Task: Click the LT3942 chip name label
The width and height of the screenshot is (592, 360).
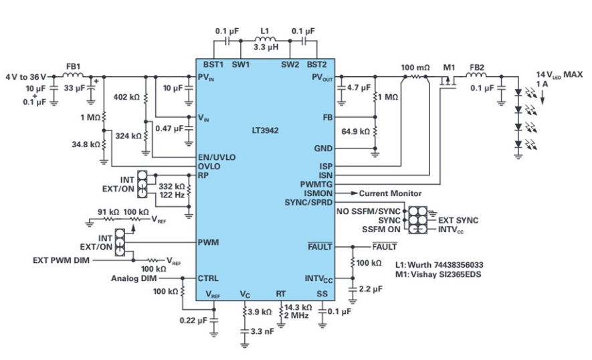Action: [265, 130]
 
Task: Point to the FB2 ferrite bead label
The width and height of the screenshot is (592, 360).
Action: [476, 68]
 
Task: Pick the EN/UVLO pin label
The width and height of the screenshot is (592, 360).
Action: [217, 157]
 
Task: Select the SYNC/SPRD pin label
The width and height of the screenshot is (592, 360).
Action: [308, 202]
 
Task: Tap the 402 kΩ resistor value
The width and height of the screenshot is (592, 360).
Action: [126, 98]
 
